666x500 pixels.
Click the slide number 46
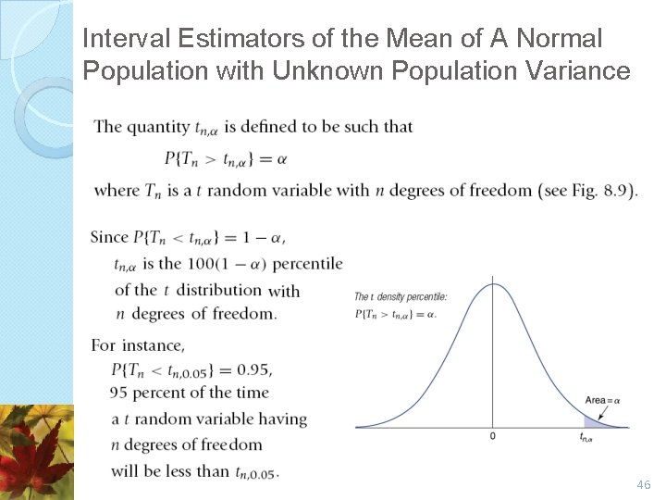pos(645,484)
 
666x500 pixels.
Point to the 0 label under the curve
pos(492,435)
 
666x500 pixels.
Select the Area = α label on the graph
pos(602,400)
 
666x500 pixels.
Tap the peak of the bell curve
pos(492,284)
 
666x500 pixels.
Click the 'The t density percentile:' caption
pos(401,296)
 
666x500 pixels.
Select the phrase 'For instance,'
pos(138,345)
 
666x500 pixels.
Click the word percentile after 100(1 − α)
pos(307,264)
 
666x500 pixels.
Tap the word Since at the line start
pos(109,237)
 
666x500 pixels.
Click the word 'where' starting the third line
pos(117,191)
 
